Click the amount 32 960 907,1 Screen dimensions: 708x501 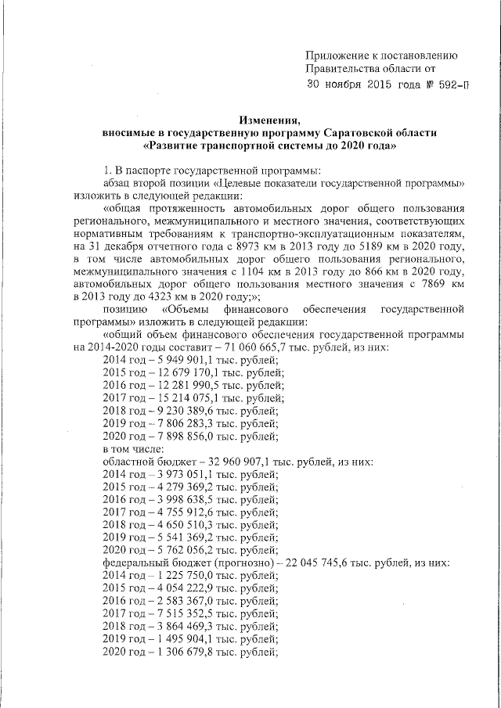(227, 462)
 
